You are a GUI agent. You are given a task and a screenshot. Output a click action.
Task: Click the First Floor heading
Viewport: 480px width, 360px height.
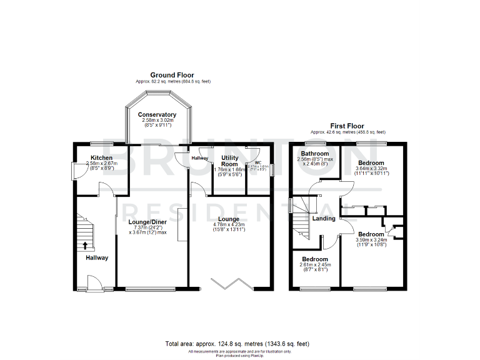(x=348, y=126)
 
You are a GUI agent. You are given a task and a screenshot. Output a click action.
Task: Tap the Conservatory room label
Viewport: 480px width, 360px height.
(x=157, y=115)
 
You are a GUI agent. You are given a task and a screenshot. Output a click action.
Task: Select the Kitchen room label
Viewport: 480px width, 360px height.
(x=101, y=158)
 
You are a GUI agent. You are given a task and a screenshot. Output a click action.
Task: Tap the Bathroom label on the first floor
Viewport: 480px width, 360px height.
(x=315, y=154)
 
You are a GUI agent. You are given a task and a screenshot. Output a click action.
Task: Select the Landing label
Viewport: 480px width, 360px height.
(x=324, y=218)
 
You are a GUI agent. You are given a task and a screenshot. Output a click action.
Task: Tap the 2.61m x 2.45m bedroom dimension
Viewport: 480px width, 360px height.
(x=314, y=264)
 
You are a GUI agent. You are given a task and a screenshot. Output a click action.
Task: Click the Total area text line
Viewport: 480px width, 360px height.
(x=237, y=344)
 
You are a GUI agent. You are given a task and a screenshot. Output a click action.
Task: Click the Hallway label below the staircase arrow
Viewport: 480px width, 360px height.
(x=97, y=257)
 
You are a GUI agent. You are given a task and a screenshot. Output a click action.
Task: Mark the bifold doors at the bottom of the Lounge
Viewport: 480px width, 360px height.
(x=231, y=285)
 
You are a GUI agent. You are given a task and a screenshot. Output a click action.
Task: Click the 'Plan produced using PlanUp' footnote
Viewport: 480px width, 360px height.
(x=237, y=356)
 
